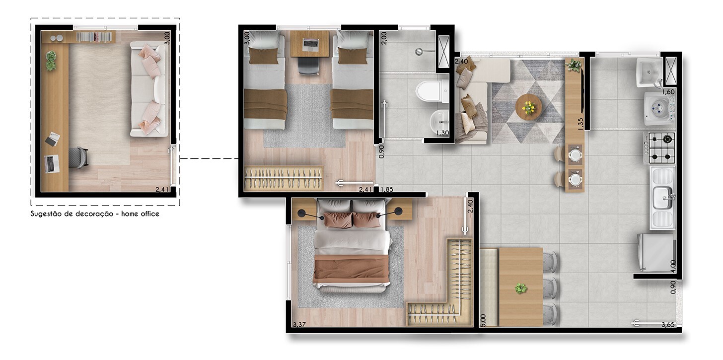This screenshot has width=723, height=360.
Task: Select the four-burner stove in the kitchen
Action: pyautogui.click(x=659, y=148)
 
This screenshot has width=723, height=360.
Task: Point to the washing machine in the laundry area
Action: pyautogui.click(x=660, y=109)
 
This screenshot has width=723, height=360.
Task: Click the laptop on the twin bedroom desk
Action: pyautogui.click(x=310, y=45)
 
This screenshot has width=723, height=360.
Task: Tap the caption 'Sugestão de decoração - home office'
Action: pyautogui.click(x=95, y=214)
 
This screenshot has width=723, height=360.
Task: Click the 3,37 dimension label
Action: pyautogui.click(x=299, y=324)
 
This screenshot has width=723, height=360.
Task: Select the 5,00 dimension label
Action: pyautogui.click(x=483, y=321)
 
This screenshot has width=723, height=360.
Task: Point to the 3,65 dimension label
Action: pyautogui.click(x=668, y=324)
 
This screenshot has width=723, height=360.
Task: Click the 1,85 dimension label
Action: pyautogui.click(x=387, y=189)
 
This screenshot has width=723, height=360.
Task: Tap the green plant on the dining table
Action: pyautogui.click(x=520, y=288)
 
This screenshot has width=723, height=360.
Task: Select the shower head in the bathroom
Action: pyautogui.click(x=419, y=51)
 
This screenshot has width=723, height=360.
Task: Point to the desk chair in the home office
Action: pyautogui.click(x=78, y=157)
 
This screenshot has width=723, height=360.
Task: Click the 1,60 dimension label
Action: pyautogui.click(x=668, y=92)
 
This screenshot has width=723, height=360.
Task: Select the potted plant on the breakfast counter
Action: pyautogui.click(x=574, y=65)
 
